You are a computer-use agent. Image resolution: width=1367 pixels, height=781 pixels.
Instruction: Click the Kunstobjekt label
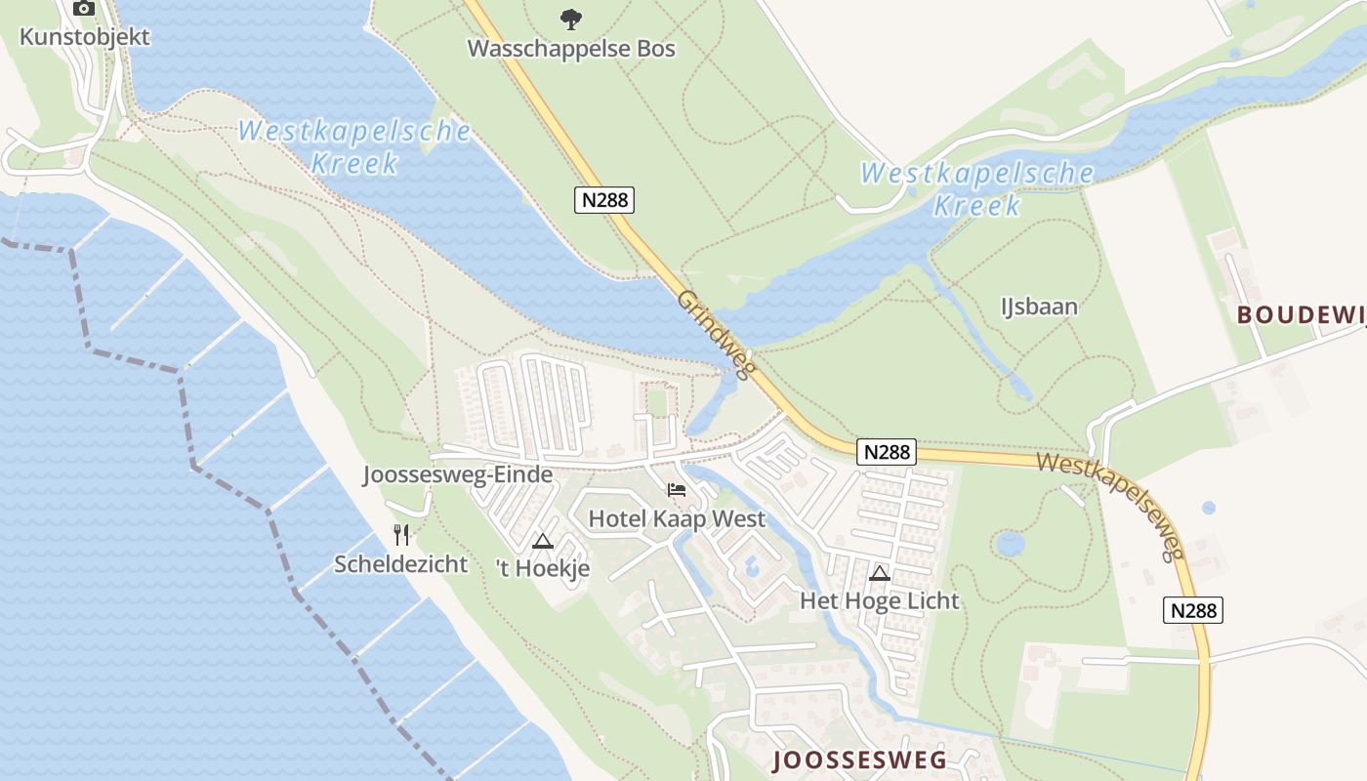[x=85, y=37]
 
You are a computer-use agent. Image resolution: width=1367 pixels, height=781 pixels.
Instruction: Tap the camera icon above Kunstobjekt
[x=85, y=9]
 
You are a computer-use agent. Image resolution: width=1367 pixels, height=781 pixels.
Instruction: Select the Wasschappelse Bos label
[x=571, y=48]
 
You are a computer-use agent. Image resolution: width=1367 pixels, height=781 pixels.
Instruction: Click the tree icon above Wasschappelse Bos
[x=571, y=18]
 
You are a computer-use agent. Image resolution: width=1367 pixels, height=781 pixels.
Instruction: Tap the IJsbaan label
[x=1039, y=307]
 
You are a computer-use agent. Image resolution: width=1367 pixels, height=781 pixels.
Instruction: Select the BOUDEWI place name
[x=1301, y=314]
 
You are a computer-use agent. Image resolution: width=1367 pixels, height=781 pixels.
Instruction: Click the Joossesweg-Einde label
[x=458, y=475]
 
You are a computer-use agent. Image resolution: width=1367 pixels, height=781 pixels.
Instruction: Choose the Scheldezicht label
[x=401, y=563]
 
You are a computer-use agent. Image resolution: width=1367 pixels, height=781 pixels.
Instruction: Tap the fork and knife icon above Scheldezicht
[x=401, y=534]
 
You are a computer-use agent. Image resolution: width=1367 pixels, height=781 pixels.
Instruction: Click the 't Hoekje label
[x=543, y=568]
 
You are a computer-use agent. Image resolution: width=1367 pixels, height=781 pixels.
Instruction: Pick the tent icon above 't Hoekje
[x=543, y=541]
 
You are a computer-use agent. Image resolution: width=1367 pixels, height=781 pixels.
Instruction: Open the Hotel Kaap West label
[x=677, y=518]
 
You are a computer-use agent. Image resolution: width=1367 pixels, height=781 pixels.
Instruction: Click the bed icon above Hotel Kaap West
[x=677, y=490]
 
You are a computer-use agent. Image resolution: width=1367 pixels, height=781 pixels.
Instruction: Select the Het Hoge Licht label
[x=880, y=600]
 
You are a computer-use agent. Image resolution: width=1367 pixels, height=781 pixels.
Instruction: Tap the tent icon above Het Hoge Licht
[x=880, y=573]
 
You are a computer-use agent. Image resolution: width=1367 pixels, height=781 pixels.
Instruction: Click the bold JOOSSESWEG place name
[x=859, y=760]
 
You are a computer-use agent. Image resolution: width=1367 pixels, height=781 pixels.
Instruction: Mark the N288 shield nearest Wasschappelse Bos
[x=604, y=200]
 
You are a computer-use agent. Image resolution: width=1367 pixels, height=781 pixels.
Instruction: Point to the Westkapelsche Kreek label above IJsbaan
[x=976, y=189]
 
